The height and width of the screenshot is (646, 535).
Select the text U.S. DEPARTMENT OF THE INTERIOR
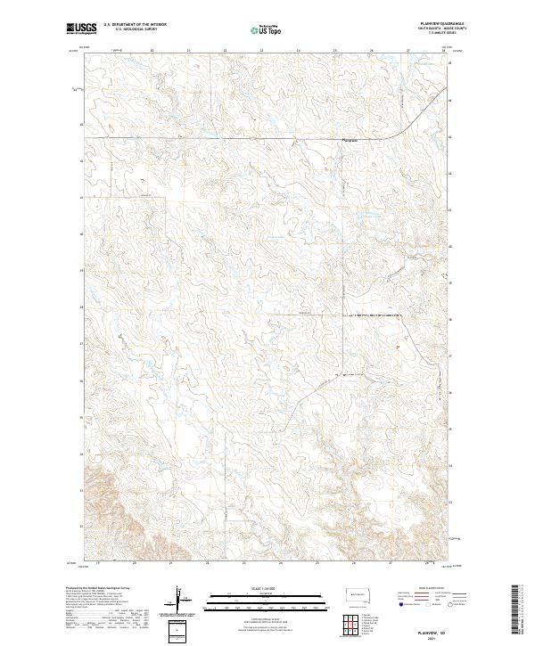(x=134, y=25)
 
